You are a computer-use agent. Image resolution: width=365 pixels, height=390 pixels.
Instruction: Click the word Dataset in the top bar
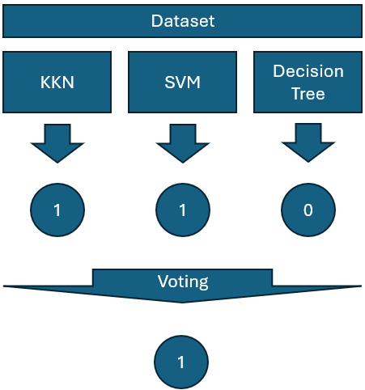[183, 21]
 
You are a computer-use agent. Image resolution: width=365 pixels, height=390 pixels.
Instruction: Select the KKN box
[57, 82]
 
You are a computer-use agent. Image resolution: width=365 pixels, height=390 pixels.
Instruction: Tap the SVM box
[182, 82]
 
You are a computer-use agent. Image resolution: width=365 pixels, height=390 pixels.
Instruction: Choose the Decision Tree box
[308, 82]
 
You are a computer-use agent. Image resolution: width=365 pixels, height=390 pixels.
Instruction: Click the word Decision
[308, 71]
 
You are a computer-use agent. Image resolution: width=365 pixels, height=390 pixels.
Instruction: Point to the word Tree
[308, 94]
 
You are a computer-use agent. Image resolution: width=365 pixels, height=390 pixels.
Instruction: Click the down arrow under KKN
[57, 143]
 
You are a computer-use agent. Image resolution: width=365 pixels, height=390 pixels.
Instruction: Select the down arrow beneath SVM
[183, 143]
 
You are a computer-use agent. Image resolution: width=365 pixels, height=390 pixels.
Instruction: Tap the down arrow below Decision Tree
[308, 142]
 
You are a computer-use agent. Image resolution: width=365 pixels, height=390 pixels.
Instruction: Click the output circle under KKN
[57, 210]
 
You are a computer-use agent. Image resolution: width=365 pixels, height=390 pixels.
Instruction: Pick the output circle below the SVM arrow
[183, 210]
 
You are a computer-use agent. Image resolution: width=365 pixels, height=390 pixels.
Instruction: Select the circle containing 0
[308, 210]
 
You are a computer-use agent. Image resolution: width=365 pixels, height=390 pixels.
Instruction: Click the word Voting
[183, 282]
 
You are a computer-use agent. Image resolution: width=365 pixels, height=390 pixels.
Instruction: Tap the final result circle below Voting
[181, 362]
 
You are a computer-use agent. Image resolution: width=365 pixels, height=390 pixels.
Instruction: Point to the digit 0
[308, 210]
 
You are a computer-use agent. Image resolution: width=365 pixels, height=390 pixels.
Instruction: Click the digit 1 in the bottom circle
[181, 362]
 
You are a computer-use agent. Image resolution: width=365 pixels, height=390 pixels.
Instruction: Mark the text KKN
[57, 83]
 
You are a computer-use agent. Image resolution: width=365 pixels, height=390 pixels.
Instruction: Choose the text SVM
[182, 83]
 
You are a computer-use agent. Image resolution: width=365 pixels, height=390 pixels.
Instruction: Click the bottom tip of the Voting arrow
[182, 303]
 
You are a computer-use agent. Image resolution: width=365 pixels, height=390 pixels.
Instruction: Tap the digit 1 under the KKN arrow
[57, 210]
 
